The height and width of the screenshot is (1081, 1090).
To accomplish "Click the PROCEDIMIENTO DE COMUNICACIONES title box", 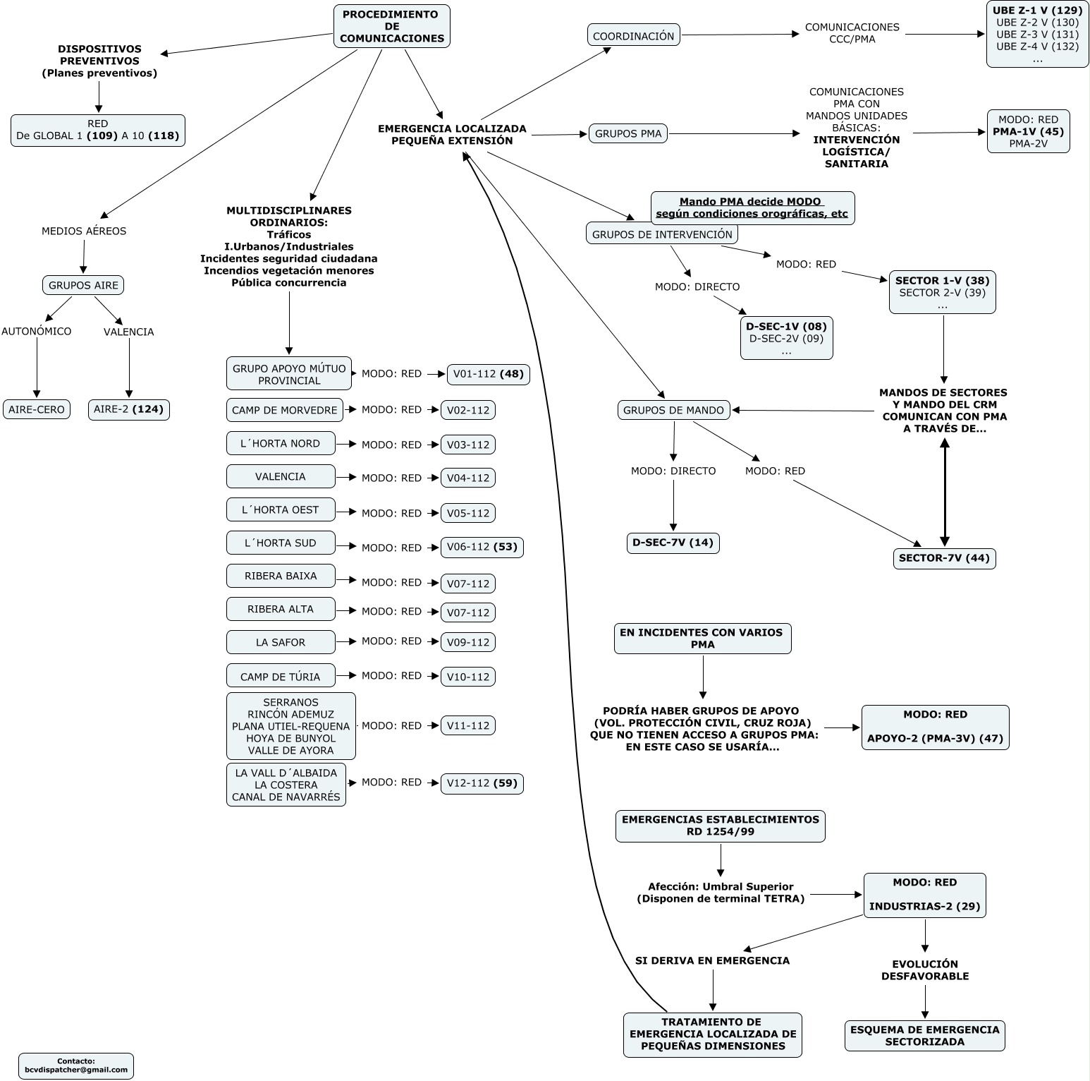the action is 391,26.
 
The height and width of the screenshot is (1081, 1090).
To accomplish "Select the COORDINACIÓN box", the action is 633,35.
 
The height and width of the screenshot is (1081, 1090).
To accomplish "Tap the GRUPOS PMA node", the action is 628,133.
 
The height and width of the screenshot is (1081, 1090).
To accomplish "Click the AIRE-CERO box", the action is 37,409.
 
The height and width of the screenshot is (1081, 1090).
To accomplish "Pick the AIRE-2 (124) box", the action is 129,409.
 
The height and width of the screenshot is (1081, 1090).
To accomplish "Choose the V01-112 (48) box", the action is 488,374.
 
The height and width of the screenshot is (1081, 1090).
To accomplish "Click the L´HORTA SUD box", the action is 281,543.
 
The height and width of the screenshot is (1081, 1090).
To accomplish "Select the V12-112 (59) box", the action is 482,783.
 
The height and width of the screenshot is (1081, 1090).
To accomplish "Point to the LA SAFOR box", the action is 281,642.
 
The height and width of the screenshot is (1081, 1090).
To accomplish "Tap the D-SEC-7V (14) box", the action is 673,543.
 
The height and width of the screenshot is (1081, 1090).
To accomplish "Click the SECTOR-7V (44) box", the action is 944,558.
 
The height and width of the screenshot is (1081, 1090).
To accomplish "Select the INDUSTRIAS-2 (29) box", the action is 924,895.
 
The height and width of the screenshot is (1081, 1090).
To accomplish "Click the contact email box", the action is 76,1065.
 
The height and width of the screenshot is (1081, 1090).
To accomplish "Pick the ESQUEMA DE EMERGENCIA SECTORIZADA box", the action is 924,1035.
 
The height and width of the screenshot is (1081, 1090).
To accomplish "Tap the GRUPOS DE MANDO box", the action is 673,410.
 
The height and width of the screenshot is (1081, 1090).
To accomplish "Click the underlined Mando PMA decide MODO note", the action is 752,207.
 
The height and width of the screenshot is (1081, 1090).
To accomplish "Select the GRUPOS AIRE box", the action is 83,285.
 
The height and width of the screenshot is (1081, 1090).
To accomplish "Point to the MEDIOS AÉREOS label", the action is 84,231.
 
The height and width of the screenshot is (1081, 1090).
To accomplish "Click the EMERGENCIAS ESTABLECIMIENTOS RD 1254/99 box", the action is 720,826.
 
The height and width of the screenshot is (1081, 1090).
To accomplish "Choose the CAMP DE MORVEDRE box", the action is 285,410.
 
